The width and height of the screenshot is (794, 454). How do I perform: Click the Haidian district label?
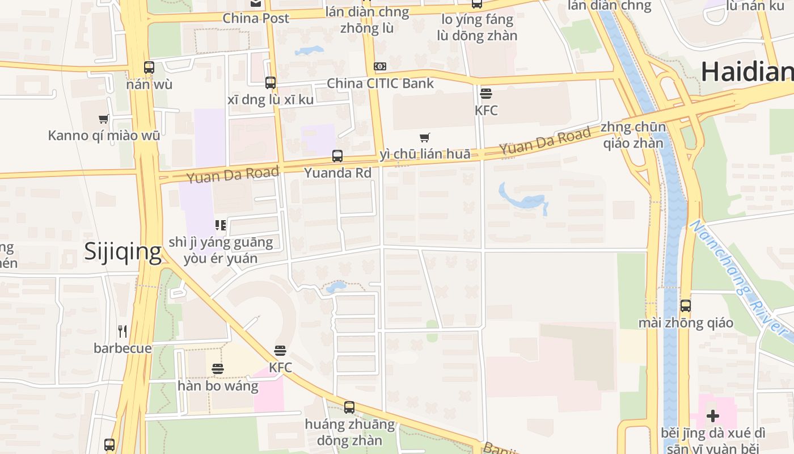[746, 72]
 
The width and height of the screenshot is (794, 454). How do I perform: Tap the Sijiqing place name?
[123, 251]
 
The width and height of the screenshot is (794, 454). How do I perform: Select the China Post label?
[256, 18]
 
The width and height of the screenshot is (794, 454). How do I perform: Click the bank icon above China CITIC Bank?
[380, 66]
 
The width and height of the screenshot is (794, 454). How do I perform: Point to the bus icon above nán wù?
[149, 68]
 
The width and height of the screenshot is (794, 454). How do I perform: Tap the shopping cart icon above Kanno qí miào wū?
[103, 119]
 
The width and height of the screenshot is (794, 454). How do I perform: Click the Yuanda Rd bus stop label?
[337, 173]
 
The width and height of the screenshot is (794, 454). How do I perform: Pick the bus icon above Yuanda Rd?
[337, 155]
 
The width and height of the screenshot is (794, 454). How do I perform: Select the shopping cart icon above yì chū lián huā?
[425, 137]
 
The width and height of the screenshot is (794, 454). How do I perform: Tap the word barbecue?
[123, 348]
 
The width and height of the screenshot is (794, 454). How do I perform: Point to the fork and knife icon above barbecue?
[123, 331]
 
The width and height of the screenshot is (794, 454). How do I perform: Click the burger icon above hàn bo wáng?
[217, 369]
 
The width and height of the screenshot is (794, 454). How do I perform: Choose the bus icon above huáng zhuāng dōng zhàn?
[349, 407]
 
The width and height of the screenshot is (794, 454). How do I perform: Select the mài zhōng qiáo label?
[686, 323]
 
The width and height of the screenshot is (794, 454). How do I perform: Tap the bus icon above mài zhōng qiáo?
[686, 306]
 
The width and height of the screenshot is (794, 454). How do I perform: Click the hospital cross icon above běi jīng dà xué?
[713, 416]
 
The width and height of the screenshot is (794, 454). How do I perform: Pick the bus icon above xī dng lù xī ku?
[271, 83]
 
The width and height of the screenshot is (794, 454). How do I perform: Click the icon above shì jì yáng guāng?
[221, 225]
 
